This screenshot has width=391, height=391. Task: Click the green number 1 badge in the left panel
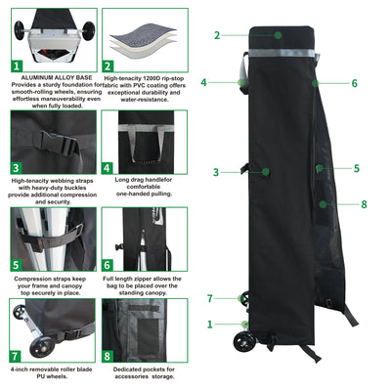pos(17,66)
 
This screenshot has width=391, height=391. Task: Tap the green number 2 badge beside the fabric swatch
pos(109,66)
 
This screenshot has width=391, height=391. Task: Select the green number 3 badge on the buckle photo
pos(17,167)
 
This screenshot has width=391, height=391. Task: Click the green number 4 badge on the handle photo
pos(107,167)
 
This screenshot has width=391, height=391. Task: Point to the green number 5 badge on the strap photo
pos(17,264)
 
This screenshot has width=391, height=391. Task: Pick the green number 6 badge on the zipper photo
pos(107,264)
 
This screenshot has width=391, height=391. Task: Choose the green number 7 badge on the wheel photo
pos(17,355)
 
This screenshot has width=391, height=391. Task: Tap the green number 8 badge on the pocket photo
pos(107,355)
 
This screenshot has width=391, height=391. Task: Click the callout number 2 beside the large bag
pos(217,35)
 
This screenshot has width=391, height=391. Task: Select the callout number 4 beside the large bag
pos(203,83)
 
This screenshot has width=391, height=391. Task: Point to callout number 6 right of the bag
pos(354,84)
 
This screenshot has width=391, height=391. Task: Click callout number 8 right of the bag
pos(363,204)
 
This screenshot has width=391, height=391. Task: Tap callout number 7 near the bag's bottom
pos(209,298)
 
